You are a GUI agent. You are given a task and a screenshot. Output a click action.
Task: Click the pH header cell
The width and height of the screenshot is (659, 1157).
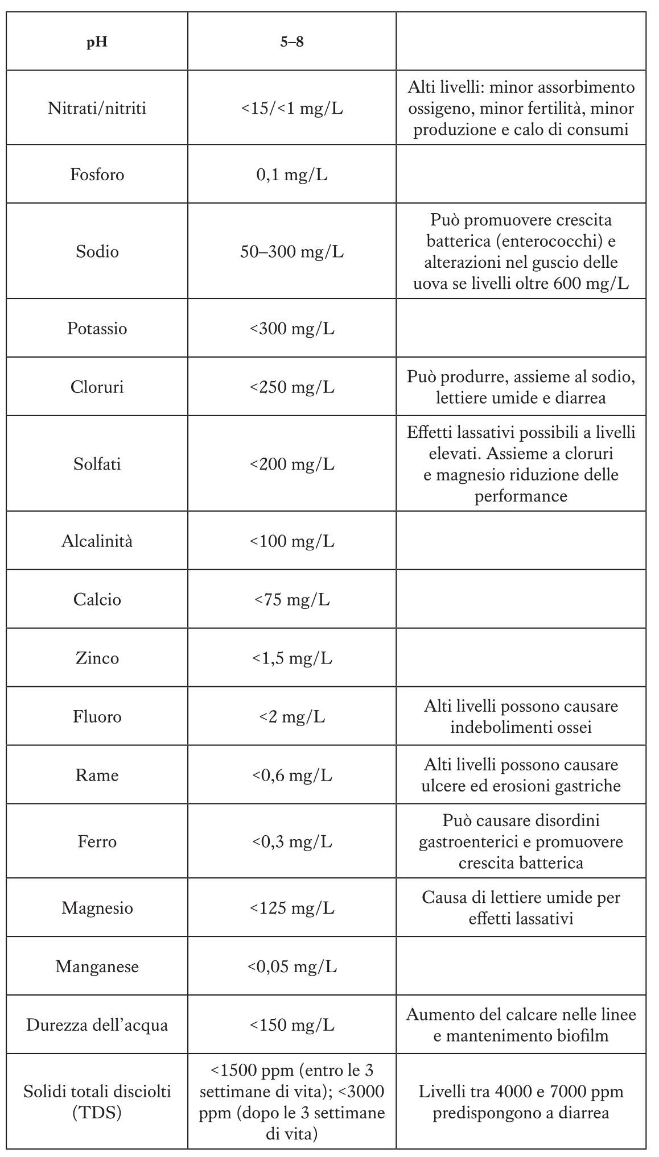[x=97, y=42]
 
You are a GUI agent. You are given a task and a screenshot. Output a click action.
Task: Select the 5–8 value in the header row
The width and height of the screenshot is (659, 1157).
[x=291, y=42]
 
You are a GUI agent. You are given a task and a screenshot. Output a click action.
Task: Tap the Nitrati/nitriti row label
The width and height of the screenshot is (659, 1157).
[x=97, y=108]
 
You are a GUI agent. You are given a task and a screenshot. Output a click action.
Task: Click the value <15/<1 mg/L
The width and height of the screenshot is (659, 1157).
[x=291, y=108]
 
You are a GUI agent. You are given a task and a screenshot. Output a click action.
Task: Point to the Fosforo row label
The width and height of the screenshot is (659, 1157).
[x=97, y=174]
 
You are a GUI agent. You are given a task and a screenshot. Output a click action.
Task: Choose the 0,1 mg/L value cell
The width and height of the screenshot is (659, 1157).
[x=291, y=174]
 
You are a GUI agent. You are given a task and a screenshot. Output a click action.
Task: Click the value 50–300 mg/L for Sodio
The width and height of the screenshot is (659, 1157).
[x=291, y=251]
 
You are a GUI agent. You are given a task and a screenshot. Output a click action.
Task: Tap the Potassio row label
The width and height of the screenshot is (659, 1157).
[x=97, y=329]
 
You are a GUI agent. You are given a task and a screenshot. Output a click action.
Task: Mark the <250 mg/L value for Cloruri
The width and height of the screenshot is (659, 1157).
[x=291, y=387]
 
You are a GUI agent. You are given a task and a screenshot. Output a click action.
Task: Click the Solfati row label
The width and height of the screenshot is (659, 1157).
[x=97, y=464]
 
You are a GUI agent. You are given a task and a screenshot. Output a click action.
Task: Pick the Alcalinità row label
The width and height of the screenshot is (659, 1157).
[x=97, y=541]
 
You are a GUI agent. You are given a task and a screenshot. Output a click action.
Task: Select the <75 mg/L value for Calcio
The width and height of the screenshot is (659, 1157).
[x=291, y=599]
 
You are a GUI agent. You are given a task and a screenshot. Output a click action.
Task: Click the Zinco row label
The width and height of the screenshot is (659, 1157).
[x=97, y=658]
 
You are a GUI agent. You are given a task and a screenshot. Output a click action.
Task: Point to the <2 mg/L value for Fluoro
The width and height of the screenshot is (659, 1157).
[x=291, y=716]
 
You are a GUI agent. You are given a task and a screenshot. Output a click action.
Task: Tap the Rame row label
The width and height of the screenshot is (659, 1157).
[x=97, y=775]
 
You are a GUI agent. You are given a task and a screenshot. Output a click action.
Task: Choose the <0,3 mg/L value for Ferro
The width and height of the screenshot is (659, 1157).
[x=291, y=841]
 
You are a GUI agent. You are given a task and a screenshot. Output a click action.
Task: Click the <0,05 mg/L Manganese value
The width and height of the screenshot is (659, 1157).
[x=291, y=967]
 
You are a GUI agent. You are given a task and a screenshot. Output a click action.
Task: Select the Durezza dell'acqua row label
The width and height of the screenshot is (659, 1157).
[x=97, y=1025]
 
